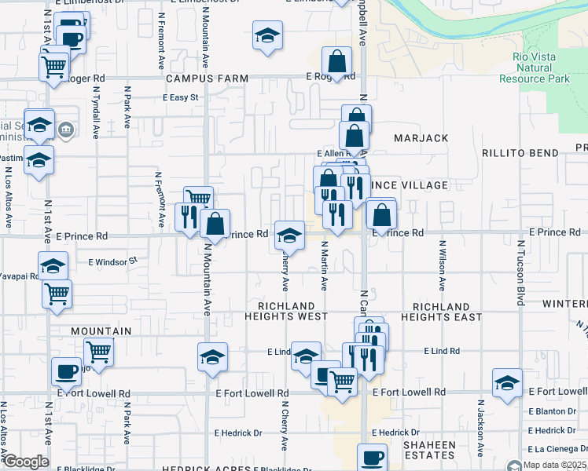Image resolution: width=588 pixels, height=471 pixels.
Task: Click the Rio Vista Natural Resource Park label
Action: pos(535,68)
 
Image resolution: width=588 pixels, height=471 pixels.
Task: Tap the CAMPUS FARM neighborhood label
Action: pos(207,78)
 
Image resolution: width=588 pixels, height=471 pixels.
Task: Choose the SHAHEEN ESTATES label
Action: pos(429,450)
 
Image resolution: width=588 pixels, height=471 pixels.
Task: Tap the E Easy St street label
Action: pos(182,98)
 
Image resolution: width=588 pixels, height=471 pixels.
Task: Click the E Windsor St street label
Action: pos(112,260)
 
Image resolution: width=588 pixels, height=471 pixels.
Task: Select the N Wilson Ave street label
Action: pos(443,266)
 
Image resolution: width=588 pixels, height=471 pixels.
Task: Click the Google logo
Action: pos(26,462)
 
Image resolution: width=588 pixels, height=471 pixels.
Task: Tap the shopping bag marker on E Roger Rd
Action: pos(336,62)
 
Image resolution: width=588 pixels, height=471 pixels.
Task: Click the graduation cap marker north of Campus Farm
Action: pos(267,35)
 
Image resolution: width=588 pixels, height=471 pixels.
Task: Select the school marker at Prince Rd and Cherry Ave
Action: pos(289,235)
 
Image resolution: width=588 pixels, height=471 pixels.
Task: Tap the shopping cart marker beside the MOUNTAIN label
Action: pos(98,350)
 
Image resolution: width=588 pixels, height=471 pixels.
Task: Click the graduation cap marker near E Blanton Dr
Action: pos(507,384)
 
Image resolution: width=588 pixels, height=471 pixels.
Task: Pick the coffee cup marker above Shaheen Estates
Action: pos(372,457)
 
